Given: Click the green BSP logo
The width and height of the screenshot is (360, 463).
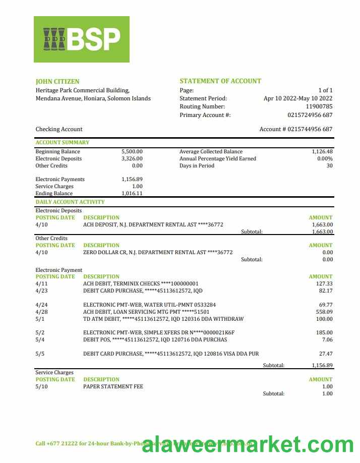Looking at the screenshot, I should (x=82, y=39).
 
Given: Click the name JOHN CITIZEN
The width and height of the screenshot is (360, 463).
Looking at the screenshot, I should (x=57, y=82).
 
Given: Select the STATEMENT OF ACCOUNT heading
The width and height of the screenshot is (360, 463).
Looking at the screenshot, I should (x=220, y=81).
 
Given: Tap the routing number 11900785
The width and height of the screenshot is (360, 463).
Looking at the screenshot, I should (x=319, y=107).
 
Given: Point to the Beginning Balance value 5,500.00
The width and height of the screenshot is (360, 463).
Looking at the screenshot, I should (x=132, y=152).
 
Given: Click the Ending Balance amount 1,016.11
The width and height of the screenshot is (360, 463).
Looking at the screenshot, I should (x=132, y=194).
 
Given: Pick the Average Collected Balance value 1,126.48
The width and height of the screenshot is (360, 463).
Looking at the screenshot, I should (x=322, y=152).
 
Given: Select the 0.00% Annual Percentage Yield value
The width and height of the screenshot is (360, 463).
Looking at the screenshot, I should (x=325, y=159).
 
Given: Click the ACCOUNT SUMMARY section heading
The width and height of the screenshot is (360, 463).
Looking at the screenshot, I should (x=63, y=143).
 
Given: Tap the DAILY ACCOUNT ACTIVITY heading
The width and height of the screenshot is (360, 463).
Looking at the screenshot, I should (x=70, y=202).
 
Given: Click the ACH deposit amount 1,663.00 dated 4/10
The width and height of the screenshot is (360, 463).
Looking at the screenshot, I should (x=323, y=225).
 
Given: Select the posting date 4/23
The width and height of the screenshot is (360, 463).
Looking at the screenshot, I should (x=41, y=291).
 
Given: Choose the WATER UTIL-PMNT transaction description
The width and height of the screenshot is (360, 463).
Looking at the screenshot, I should (x=149, y=305).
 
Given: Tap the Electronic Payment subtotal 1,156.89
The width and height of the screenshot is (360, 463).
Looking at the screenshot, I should (x=322, y=366).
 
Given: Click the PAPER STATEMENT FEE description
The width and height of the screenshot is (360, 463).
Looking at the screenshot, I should (x=113, y=387).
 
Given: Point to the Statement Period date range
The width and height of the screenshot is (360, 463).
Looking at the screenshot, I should (x=298, y=99).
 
